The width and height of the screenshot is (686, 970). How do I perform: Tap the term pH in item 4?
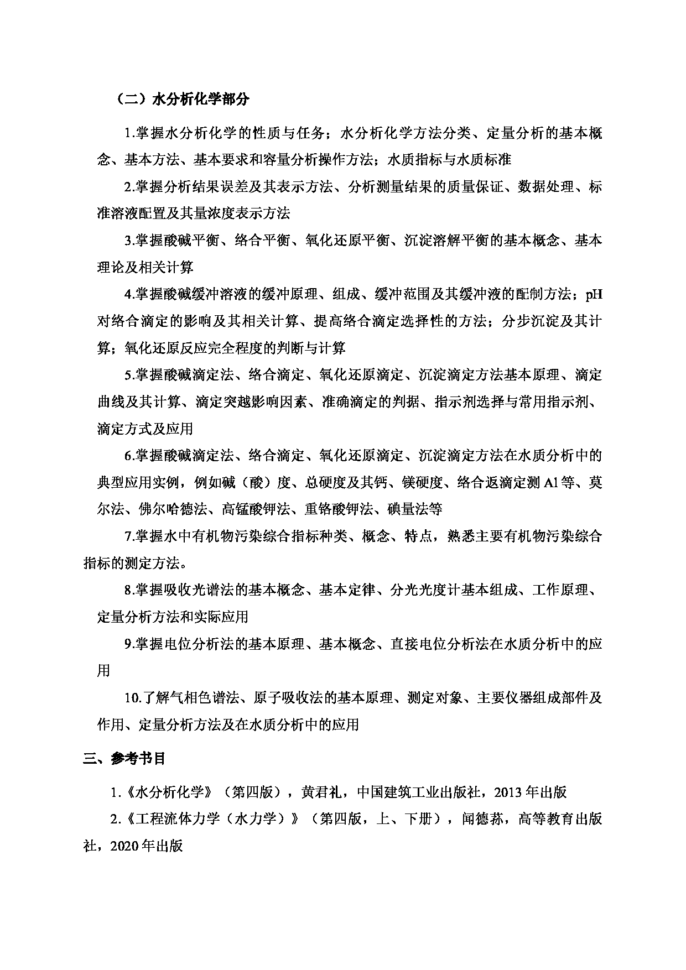point(594,294)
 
